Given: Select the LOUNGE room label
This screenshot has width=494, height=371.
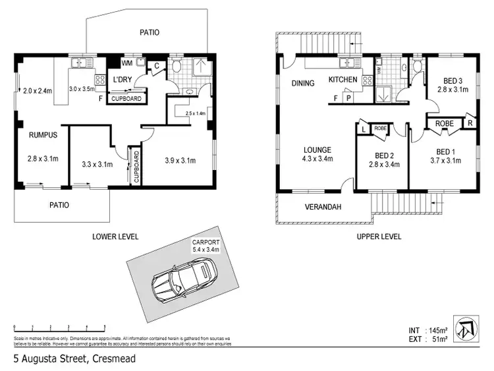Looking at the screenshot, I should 317,154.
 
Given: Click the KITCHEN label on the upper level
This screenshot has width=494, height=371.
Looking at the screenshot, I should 343,80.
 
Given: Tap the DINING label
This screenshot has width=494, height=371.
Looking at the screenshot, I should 303,83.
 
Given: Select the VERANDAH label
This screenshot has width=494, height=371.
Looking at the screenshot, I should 322,207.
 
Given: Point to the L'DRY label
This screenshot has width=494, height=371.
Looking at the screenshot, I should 122,80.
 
